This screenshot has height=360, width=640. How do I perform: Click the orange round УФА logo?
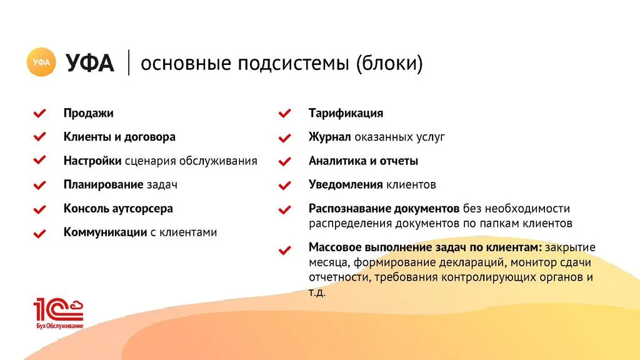point(41,62)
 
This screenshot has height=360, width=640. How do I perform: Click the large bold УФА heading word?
point(90,63)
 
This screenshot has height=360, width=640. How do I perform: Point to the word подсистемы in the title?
point(293,64)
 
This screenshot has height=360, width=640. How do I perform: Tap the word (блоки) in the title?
point(389,63)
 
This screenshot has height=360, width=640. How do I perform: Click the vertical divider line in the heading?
point(129,62)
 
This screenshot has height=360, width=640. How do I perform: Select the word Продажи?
point(88,114)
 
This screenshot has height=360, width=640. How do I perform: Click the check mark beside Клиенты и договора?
point(39,137)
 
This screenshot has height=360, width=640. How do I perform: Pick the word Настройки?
point(92,161)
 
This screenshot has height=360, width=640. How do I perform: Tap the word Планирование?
point(103,185)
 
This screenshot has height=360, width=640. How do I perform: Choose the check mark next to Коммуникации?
point(39,234)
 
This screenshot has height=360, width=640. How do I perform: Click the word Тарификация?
point(346,114)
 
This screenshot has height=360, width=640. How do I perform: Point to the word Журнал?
point(329,137)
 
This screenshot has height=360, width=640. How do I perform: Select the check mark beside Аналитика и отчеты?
point(284,162)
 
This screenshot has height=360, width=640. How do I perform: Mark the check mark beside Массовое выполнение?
point(284,250)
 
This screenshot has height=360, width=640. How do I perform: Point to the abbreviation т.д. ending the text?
point(317,292)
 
